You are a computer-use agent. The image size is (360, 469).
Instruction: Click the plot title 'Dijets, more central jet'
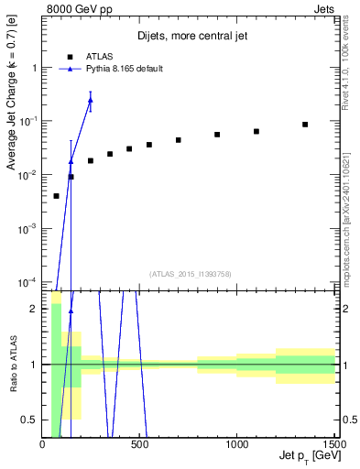(194, 36)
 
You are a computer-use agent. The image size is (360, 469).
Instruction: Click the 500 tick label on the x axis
(140, 445)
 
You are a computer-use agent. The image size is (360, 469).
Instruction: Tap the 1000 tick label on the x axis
(237, 445)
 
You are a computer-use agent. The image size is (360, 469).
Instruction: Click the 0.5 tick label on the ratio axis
(29, 420)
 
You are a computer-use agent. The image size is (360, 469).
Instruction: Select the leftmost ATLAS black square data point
(56, 196)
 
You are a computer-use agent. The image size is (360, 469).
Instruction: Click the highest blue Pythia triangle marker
(90, 100)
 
